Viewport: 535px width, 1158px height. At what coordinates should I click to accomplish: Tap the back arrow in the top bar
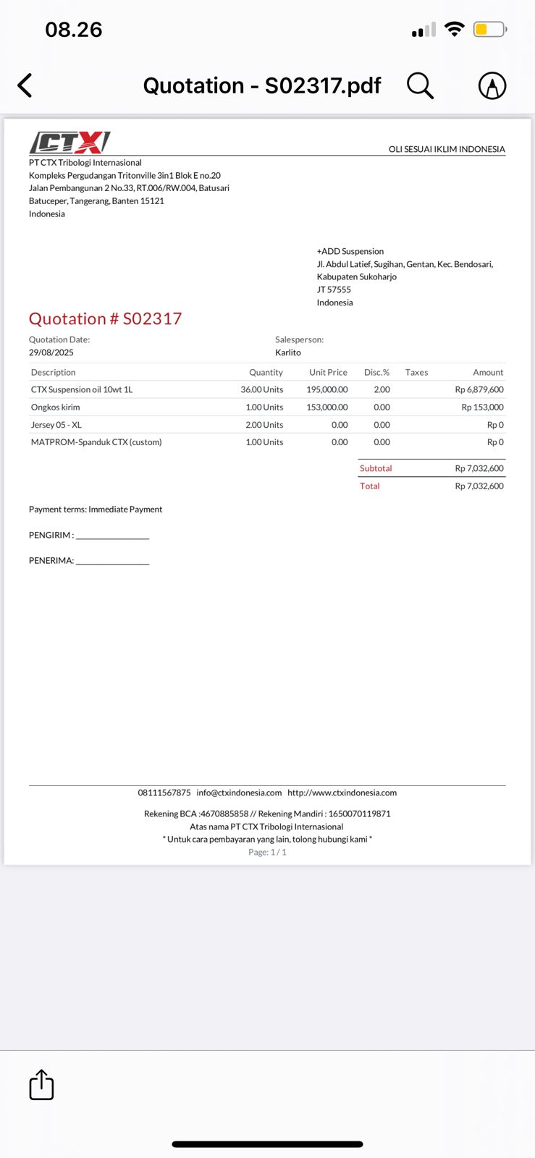coord(25,85)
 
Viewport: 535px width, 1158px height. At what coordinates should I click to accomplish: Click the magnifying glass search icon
coord(420,85)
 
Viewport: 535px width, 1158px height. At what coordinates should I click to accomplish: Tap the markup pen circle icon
coord(492,85)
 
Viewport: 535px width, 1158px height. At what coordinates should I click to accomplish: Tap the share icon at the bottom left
coord(41,1085)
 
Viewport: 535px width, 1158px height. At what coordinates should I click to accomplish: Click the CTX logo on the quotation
coord(69,142)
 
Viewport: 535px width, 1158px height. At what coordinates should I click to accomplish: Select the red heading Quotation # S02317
coord(105,318)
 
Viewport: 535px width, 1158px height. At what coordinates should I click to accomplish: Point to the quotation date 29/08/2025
coord(51,352)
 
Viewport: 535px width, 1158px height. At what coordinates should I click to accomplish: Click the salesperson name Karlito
coord(288,352)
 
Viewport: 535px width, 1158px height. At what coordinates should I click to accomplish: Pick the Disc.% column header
coord(376,372)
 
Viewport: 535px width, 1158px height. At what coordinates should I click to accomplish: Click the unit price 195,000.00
coord(327,389)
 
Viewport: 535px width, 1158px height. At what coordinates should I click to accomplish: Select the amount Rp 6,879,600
coord(479,389)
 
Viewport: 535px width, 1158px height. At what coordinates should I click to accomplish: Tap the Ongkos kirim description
coord(56,407)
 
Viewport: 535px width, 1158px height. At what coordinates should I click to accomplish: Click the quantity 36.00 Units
coord(262,389)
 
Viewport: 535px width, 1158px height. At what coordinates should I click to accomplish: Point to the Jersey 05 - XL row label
coord(56,425)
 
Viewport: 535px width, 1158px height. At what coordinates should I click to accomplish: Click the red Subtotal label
coord(376,468)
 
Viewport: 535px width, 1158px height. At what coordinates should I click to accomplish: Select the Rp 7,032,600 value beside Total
coord(479,486)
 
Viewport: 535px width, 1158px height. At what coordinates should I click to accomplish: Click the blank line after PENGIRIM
coord(112,536)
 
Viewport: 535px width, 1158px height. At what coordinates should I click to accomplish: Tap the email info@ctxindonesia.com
coord(239,793)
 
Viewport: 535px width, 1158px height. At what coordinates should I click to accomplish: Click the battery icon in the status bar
coord(490,30)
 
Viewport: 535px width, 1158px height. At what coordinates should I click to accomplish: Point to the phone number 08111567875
coord(164,793)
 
